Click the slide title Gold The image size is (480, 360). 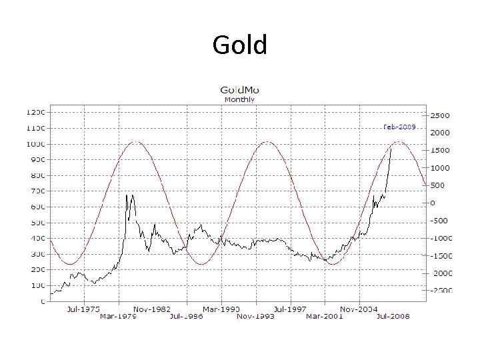239,45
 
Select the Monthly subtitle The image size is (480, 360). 239,99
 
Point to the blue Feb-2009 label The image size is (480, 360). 399,127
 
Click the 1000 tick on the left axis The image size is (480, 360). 36,144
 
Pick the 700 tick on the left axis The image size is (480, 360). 37,191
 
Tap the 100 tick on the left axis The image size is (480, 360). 37,286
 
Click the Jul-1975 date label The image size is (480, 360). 83,309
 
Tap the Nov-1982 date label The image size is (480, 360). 153,309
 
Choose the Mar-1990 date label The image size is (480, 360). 221,309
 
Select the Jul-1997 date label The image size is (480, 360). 290,309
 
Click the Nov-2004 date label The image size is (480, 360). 359,309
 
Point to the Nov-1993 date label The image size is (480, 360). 255,316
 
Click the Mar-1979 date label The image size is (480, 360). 118,316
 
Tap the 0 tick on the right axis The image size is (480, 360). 433,203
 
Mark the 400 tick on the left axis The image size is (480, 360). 37,239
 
